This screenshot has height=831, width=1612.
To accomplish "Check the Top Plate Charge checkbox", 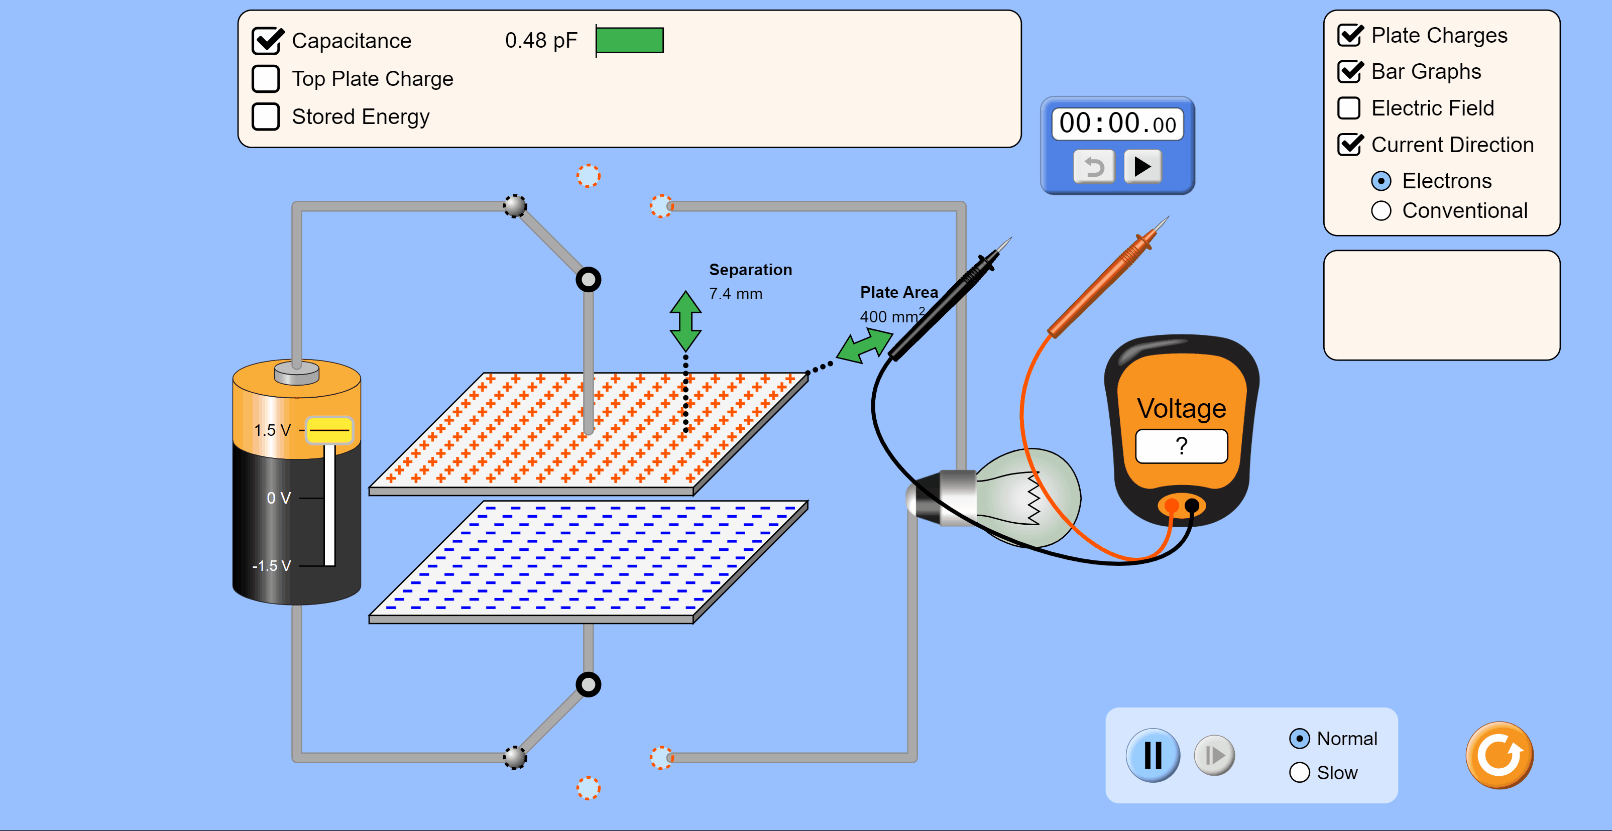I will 266,79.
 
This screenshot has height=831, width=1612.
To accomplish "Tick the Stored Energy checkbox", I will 266,117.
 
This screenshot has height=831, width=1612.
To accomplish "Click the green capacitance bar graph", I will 630,41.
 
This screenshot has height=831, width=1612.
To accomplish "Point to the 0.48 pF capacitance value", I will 541,41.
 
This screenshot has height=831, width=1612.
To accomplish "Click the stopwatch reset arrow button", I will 1094,166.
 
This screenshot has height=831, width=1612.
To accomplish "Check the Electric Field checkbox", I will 1349,108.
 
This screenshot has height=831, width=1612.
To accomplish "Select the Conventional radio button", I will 1381,211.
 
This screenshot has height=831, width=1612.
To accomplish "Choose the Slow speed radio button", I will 1300,772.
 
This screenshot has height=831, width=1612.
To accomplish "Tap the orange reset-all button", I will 1500,755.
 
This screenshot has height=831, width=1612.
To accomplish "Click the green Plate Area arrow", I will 865,345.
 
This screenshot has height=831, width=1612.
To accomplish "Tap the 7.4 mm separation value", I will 735,294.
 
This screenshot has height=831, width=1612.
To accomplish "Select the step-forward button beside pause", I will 1214,755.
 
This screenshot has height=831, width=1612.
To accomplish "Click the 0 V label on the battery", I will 279,498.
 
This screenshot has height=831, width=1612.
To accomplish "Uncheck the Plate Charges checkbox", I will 1350,36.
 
